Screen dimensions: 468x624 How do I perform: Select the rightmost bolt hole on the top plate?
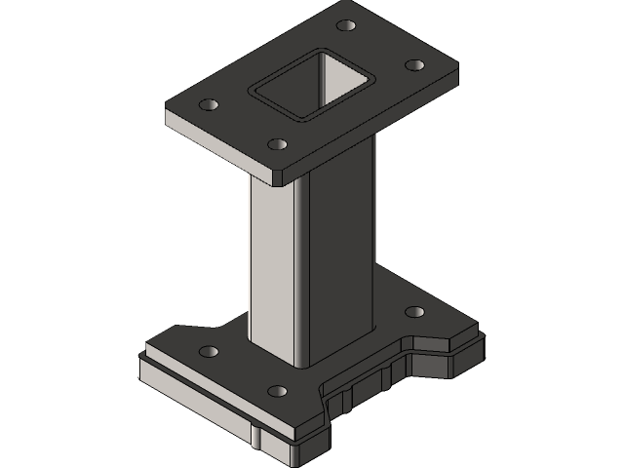(413, 64)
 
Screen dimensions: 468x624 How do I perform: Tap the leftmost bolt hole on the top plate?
(208, 103)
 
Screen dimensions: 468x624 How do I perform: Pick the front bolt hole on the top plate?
(276, 143)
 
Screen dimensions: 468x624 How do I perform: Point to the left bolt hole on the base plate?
(208, 350)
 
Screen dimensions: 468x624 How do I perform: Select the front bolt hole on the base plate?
(277, 390)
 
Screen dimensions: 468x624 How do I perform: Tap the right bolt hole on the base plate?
(413, 312)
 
